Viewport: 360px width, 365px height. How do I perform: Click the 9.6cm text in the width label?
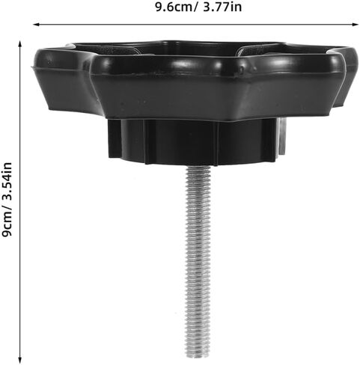(174, 7)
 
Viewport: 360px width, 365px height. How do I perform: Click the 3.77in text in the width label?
(222, 7)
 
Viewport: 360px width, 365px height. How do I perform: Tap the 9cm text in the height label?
(7, 224)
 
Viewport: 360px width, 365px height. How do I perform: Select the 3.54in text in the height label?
(7, 181)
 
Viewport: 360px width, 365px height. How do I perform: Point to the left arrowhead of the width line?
(37, 25)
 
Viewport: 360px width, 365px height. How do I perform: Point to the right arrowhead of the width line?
(356, 25)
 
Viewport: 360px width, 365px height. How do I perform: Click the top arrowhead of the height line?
(20, 44)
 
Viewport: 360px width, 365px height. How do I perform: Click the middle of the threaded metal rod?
(198, 263)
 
